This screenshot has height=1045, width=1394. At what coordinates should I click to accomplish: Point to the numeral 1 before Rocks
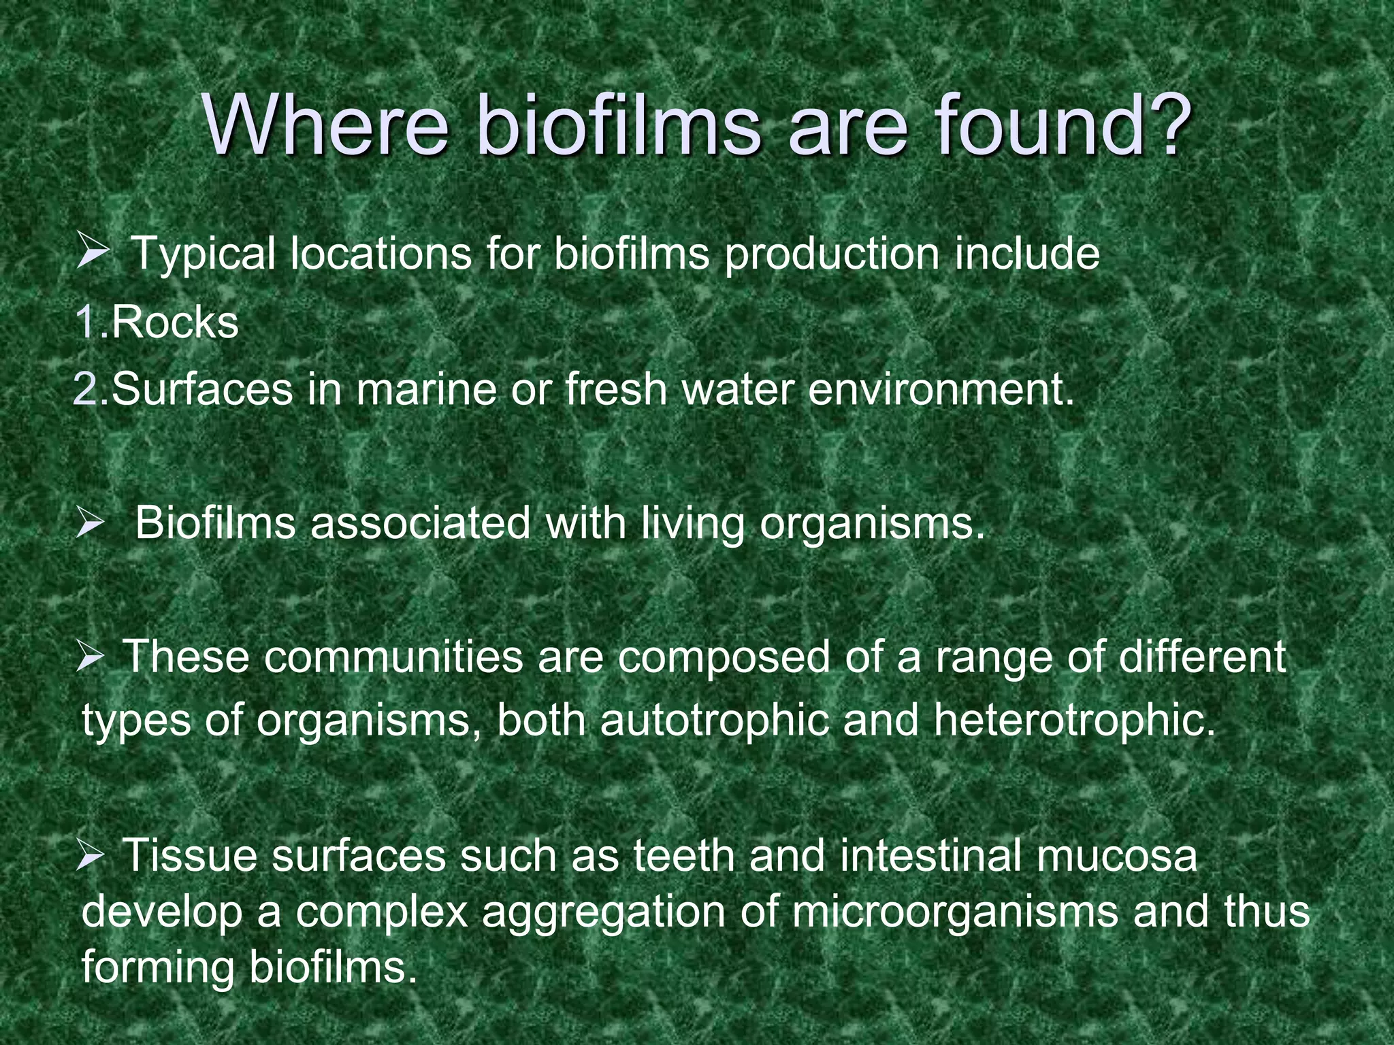tap(86, 322)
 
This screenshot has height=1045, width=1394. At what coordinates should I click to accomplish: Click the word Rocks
tap(174, 322)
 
